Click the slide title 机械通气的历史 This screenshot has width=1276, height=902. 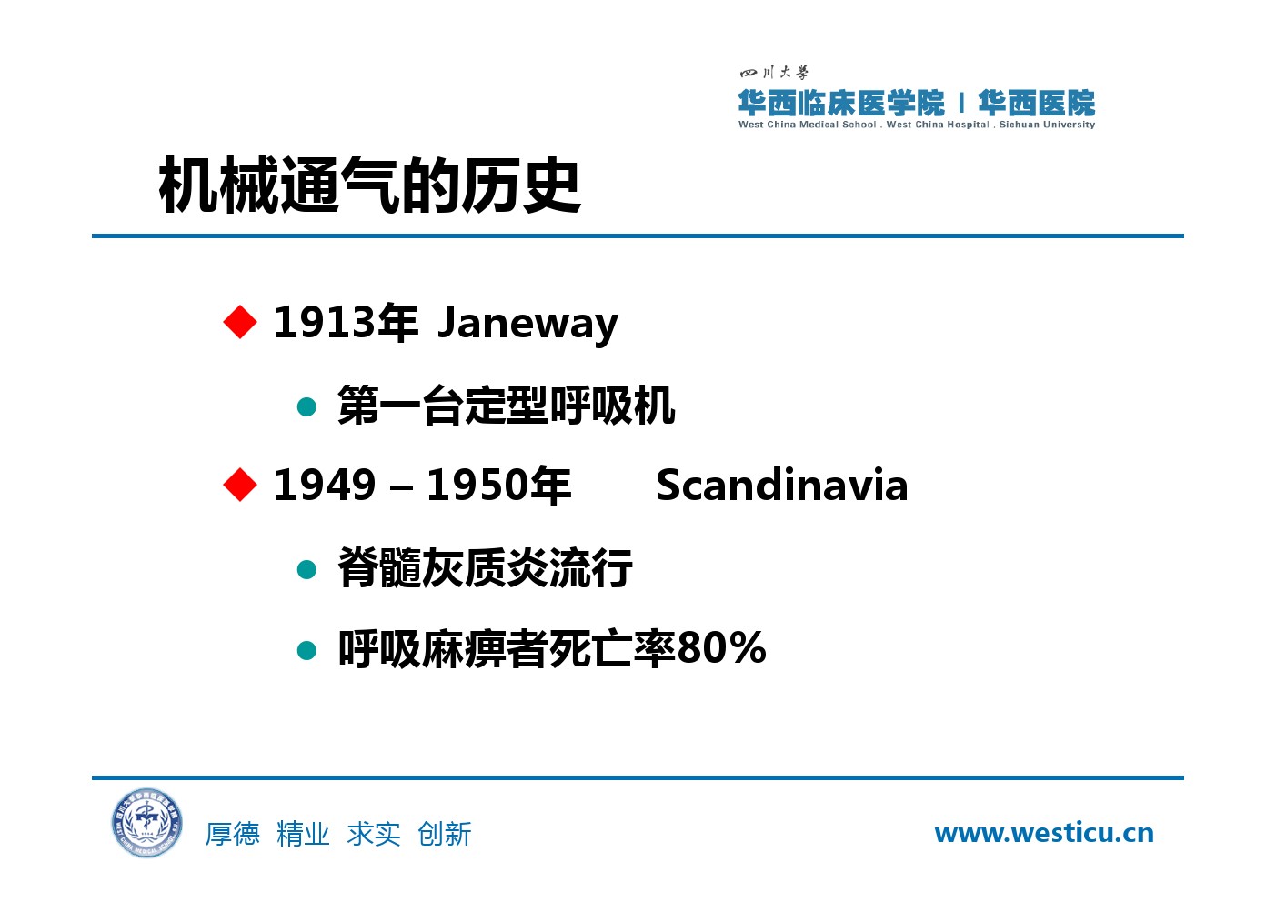point(369,185)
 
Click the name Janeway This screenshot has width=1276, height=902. point(528,324)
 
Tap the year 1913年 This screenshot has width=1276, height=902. point(346,322)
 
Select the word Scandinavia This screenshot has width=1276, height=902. point(781,486)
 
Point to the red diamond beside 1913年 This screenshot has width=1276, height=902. point(240,322)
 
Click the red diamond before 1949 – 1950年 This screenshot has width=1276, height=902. point(240,485)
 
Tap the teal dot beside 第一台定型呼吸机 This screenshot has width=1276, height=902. point(306,406)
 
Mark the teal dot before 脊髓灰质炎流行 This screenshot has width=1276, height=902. point(306,569)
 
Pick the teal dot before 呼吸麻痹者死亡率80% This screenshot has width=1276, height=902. point(306,650)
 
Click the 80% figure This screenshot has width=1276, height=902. point(722,648)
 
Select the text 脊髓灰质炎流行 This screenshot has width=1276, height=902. point(485,567)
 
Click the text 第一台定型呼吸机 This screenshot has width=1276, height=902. point(506,405)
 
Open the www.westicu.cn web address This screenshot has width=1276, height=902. point(1043,833)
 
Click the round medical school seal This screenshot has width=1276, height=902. point(147,823)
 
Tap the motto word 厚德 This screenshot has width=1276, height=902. point(233,834)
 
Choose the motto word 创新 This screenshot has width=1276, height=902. point(445,834)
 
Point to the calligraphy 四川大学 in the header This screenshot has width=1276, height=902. point(774,73)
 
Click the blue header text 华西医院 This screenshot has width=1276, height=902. point(1036,103)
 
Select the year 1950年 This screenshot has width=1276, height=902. point(498,486)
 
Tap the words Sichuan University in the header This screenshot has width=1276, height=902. point(1047,125)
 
